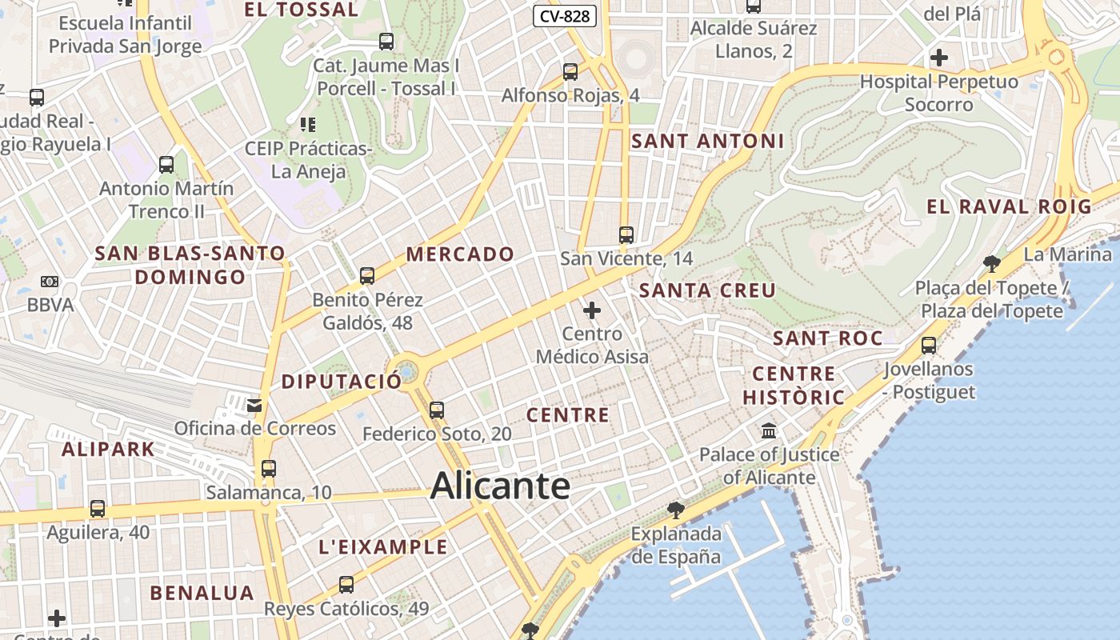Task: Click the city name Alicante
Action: [x=500, y=486]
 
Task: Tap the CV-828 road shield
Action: [x=566, y=15]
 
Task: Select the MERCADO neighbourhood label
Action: [x=460, y=254]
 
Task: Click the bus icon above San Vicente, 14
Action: [x=626, y=235]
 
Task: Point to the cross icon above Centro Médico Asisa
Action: [x=592, y=310]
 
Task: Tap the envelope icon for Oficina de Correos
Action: [x=254, y=405]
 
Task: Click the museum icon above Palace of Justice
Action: [x=769, y=431]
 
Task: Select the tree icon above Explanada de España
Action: [x=676, y=510]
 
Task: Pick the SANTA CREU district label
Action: [x=707, y=290]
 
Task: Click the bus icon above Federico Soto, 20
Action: [x=436, y=410]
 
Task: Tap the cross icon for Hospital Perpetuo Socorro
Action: [x=939, y=58]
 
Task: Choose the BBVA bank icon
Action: [x=50, y=282]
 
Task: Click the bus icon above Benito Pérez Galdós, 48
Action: [x=367, y=276]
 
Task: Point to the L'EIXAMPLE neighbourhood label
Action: [x=383, y=547]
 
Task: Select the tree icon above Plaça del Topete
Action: [x=992, y=263]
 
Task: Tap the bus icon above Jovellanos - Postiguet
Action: [x=928, y=346]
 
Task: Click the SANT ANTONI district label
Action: [x=707, y=142]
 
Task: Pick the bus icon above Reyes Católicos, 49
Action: [x=346, y=585]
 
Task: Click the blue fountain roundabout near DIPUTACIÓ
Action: [x=406, y=372]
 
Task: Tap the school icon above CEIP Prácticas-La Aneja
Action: [x=308, y=125]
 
